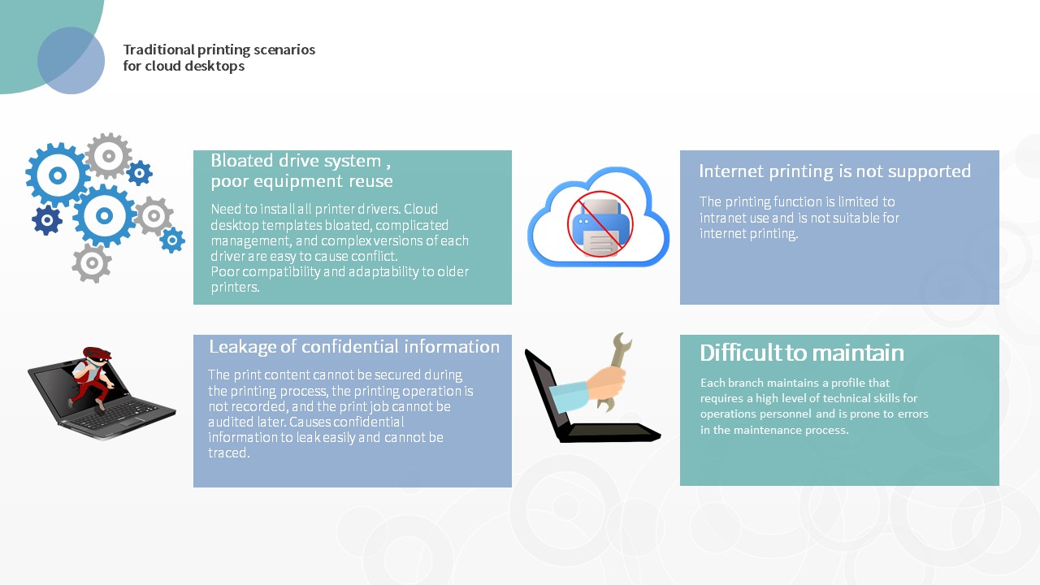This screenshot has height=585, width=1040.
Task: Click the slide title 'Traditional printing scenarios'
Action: tap(219, 50)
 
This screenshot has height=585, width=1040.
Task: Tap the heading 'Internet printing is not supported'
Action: tap(834, 171)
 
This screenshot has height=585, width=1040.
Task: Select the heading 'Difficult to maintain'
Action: tap(802, 353)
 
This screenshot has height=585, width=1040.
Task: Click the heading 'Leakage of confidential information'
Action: tap(354, 346)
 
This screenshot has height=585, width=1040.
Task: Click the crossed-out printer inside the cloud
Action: tap(600, 224)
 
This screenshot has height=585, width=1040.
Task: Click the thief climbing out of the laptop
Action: tap(91, 377)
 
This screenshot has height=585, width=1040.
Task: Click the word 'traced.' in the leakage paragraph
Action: tap(229, 453)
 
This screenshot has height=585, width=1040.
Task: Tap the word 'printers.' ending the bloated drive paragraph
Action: tap(235, 288)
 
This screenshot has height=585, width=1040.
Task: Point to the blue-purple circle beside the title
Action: tap(71, 60)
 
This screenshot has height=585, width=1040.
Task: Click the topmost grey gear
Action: tap(108, 156)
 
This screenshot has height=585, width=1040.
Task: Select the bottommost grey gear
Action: tap(92, 262)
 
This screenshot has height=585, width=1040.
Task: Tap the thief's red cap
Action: tap(97, 353)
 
